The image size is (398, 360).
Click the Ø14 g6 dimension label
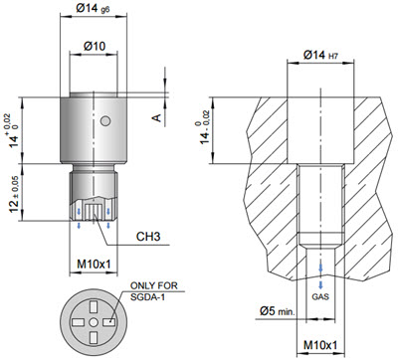93,9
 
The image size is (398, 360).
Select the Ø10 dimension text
95,46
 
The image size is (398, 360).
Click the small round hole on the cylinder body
105,121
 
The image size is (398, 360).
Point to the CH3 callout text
148,237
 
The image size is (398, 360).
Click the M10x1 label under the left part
94,265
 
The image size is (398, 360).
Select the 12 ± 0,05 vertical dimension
15,194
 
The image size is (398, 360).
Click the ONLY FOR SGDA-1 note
154,291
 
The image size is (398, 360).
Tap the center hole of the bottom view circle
94,322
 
